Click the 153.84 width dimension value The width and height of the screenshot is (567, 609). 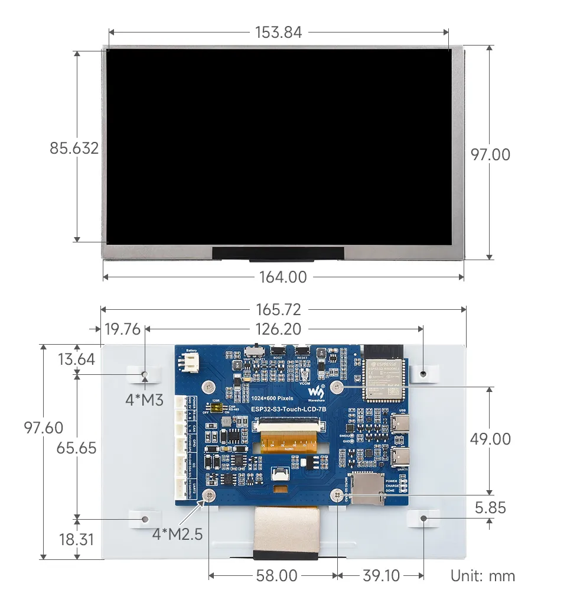[278, 33]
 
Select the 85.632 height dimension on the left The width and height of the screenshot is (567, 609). [74, 148]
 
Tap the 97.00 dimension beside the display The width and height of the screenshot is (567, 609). [490, 154]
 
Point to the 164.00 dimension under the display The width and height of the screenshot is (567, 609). [283, 277]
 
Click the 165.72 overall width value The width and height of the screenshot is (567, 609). [278, 309]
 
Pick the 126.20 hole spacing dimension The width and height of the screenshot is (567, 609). [278, 329]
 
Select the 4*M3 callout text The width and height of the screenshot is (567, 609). [144, 400]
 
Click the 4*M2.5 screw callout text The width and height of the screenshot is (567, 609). [177, 535]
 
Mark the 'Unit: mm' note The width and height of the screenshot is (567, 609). [483, 576]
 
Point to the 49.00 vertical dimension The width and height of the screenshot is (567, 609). [490, 439]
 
